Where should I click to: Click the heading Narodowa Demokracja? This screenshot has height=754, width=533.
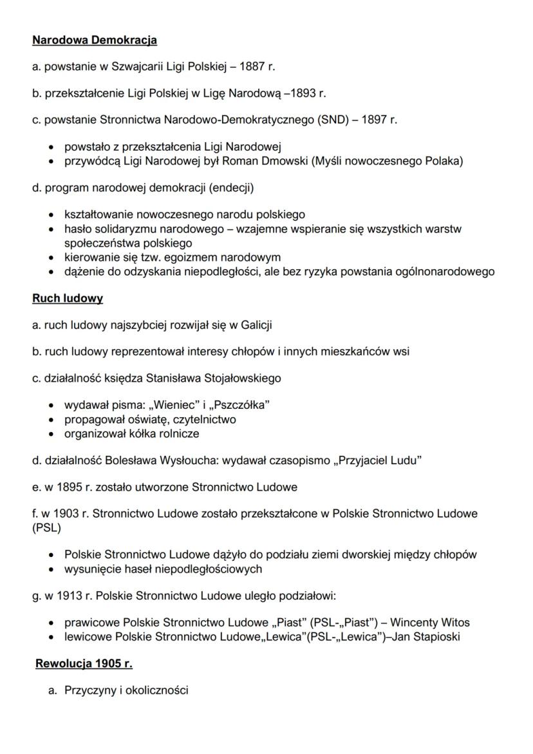coord(95,41)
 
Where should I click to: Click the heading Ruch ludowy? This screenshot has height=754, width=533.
coord(68,299)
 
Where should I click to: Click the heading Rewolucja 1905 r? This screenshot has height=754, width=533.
coord(84,663)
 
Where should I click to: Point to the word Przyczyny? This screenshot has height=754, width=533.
coord(89,691)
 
